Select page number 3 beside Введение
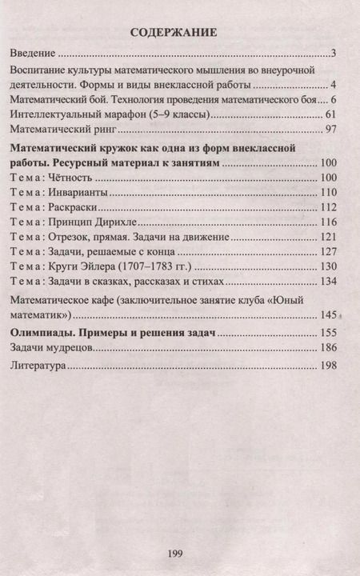tap(339, 54)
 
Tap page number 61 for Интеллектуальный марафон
tap(335, 115)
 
